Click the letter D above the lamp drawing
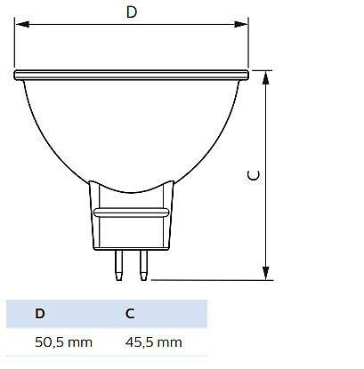132,12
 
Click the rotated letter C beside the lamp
254,175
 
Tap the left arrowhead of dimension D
22,24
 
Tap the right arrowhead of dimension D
240,24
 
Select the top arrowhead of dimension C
266,78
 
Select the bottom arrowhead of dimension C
266,273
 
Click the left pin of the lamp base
119,265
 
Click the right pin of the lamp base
143,265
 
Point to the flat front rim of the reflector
131,75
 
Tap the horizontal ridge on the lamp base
131,213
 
